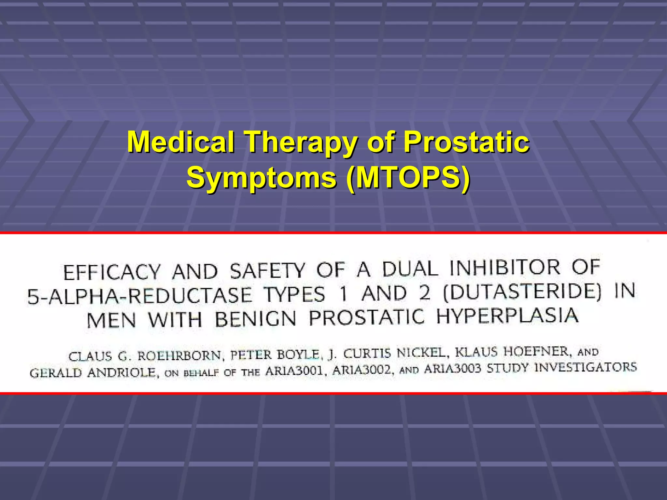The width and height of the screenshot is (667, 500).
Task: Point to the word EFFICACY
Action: click(112, 272)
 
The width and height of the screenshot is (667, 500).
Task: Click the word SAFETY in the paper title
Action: click(267, 271)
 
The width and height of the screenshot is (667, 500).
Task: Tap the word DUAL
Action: click(409, 269)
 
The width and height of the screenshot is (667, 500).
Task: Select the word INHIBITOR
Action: click(505, 267)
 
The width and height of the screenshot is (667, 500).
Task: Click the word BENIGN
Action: click(255, 318)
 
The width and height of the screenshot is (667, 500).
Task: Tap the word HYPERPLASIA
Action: click(507, 316)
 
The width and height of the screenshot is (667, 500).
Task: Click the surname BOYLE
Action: click(298, 354)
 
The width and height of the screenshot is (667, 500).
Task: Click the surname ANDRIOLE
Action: click(123, 372)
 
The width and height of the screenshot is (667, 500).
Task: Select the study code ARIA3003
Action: click(452, 369)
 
